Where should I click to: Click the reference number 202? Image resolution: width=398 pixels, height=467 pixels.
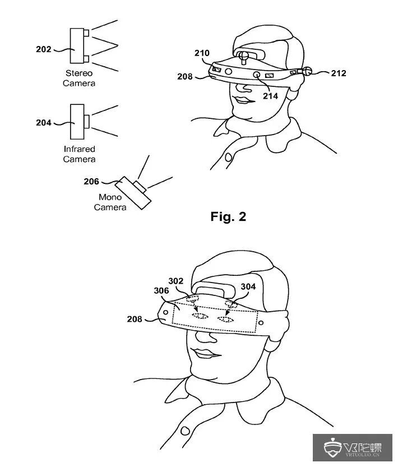click(43, 49)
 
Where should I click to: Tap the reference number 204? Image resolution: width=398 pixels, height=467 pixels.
click(43, 123)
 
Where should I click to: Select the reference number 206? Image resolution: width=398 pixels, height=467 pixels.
click(91, 181)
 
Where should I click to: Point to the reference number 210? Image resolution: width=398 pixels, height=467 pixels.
click(202, 54)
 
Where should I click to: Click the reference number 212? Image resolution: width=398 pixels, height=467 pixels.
click(338, 73)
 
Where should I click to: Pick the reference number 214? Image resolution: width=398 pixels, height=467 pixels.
click(271, 96)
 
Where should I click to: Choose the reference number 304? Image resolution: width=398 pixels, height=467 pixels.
click(248, 286)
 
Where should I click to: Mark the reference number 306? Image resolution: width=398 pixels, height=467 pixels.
click(161, 290)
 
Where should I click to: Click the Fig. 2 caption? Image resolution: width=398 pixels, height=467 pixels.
click(228, 216)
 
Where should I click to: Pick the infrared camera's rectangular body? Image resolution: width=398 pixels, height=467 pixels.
click(77, 121)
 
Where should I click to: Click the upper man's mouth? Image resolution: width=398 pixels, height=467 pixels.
click(243, 99)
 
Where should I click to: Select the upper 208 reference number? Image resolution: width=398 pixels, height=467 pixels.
click(185, 76)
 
